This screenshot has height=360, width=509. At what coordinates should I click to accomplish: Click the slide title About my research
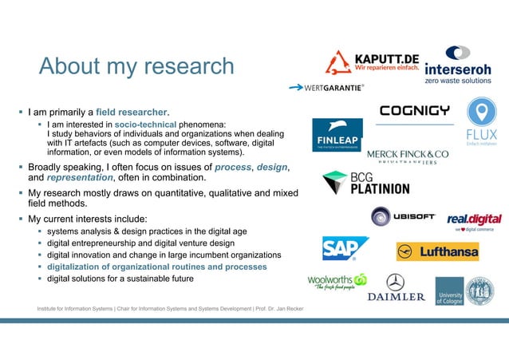tap(136, 66)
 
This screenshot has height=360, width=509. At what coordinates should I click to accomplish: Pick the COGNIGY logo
tap(414, 110)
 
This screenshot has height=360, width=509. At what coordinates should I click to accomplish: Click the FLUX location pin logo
tap(481, 120)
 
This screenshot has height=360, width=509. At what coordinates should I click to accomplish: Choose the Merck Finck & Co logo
tap(407, 156)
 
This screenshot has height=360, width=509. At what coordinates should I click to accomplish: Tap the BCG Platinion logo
tap(365, 184)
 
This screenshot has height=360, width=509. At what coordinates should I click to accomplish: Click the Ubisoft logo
tap(403, 216)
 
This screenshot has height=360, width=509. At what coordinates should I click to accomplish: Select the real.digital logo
tap(474, 220)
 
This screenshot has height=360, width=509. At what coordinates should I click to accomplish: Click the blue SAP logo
tap(345, 248)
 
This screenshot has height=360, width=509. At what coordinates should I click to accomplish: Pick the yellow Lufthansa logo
tap(437, 251)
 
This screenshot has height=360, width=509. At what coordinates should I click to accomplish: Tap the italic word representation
tap(79, 178)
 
